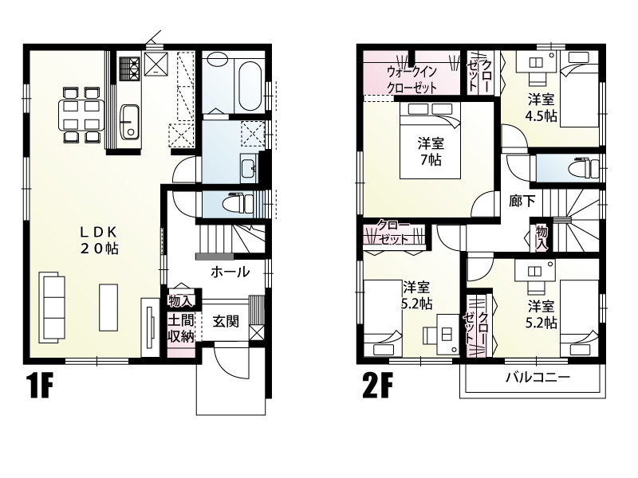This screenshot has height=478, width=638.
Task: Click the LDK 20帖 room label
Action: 98,240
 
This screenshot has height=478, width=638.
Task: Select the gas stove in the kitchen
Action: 129,69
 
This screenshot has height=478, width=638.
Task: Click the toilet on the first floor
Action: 240,203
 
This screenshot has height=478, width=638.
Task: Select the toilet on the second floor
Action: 585,167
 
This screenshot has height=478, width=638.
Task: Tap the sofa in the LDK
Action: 52,308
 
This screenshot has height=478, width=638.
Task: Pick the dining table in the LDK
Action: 82,116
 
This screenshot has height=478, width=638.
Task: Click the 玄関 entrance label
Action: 226,322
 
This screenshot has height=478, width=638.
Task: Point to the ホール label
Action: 230,272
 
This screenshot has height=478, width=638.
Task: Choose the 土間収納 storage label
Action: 181,328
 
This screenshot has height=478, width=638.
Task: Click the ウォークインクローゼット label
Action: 412,80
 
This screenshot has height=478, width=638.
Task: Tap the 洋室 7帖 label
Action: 431,151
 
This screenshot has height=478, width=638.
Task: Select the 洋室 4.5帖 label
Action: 542,108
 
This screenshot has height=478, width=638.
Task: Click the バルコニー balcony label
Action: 538,377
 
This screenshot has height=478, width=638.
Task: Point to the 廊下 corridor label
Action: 522,201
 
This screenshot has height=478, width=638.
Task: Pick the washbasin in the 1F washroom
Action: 248,167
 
